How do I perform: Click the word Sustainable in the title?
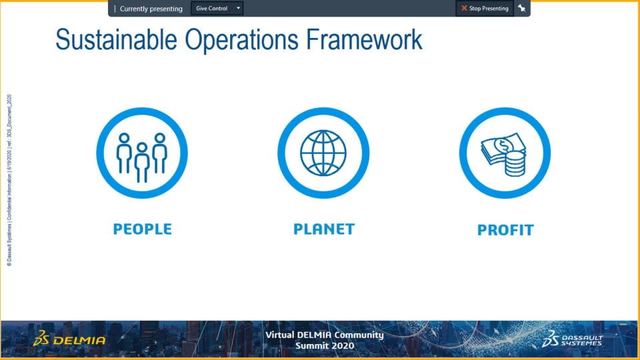point(116,39)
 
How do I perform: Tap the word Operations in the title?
point(241,39)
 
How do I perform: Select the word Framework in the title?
point(364,39)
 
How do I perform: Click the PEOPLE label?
point(143,229)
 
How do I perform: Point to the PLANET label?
point(324,229)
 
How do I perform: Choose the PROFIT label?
point(505,230)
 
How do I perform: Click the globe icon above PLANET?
point(323,153)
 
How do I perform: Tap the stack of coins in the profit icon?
point(515,163)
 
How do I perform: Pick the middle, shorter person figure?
point(142,163)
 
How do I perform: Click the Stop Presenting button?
point(485,8)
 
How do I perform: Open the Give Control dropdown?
point(217,8)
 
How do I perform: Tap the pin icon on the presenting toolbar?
point(521,8)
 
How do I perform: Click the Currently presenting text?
point(151,9)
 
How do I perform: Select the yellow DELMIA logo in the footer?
point(69,339)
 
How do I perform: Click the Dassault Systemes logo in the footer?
point(572,339)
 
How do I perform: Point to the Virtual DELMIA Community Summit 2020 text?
point(325,340)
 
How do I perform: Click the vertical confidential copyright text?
point(9,181)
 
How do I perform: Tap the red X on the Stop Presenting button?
point(464,8)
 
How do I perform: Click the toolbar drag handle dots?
point(115,9)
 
